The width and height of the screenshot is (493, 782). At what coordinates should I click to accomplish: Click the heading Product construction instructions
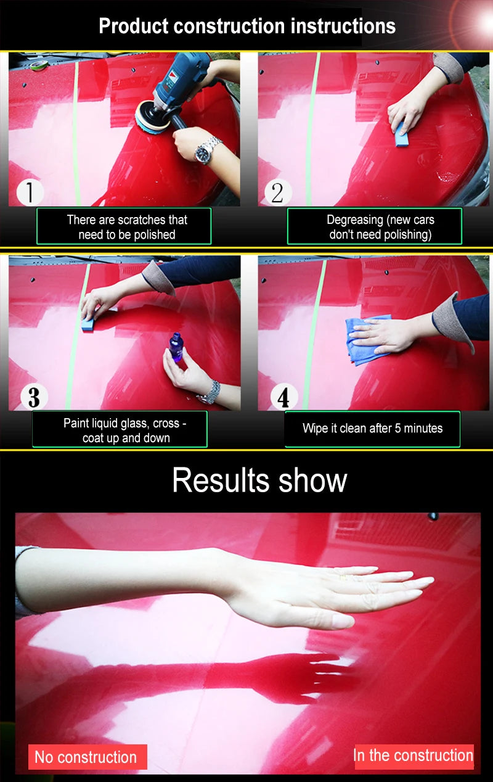point(246,26)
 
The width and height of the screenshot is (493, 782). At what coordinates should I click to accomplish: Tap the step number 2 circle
point(277,192)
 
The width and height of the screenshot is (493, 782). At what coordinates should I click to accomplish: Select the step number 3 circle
point(33,397)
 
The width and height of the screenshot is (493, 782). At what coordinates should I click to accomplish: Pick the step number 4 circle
point(283,397)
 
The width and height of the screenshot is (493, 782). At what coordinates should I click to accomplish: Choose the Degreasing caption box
point(375,226)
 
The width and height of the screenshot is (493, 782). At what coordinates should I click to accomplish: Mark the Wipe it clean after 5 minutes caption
point(372,429)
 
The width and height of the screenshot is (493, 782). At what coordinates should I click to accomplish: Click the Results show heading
point(259,480)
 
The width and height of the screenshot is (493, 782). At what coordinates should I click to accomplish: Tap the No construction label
point(87,757)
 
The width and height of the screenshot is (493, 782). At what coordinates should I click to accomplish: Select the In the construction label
point(413,755)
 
